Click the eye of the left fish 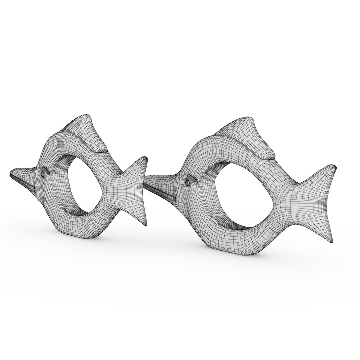[x=44, y=173]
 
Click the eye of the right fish [x=187, y=182]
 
